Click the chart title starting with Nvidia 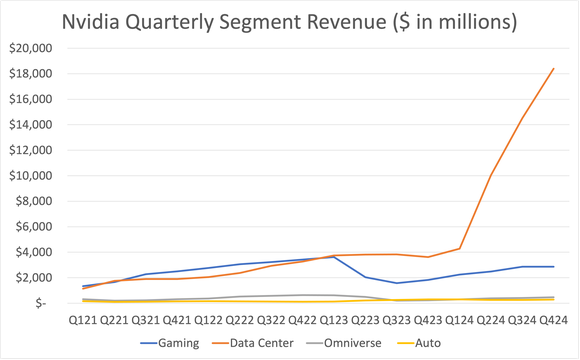pyautogui.click(x=290, y=21)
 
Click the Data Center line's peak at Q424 pyautogui.click(x=553, y=68)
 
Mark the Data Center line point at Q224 pyautogui.click(x=490, y=176)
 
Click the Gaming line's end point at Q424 pyautogui.click(x=553, y=266)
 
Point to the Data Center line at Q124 pyautogui.click(x=459, y=248)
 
